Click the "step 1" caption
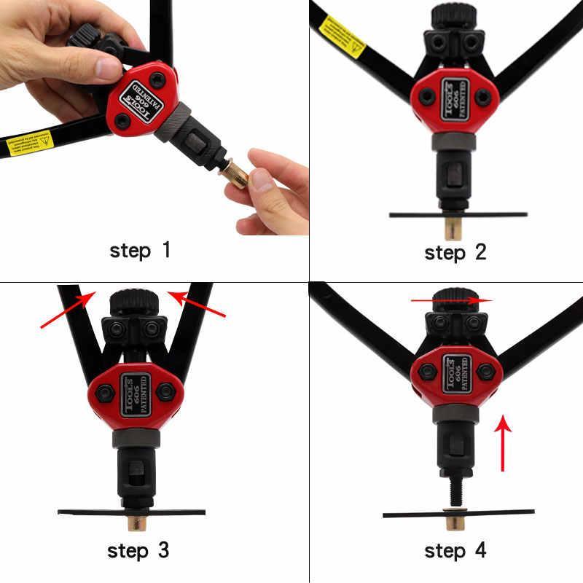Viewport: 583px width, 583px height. tap(140, 251)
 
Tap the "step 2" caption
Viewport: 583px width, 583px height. tap(455, 253)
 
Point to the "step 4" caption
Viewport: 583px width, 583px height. tap(455, 551)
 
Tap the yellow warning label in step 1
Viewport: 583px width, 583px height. tap(30, 143)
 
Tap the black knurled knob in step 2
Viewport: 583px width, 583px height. tap(453, 16)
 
